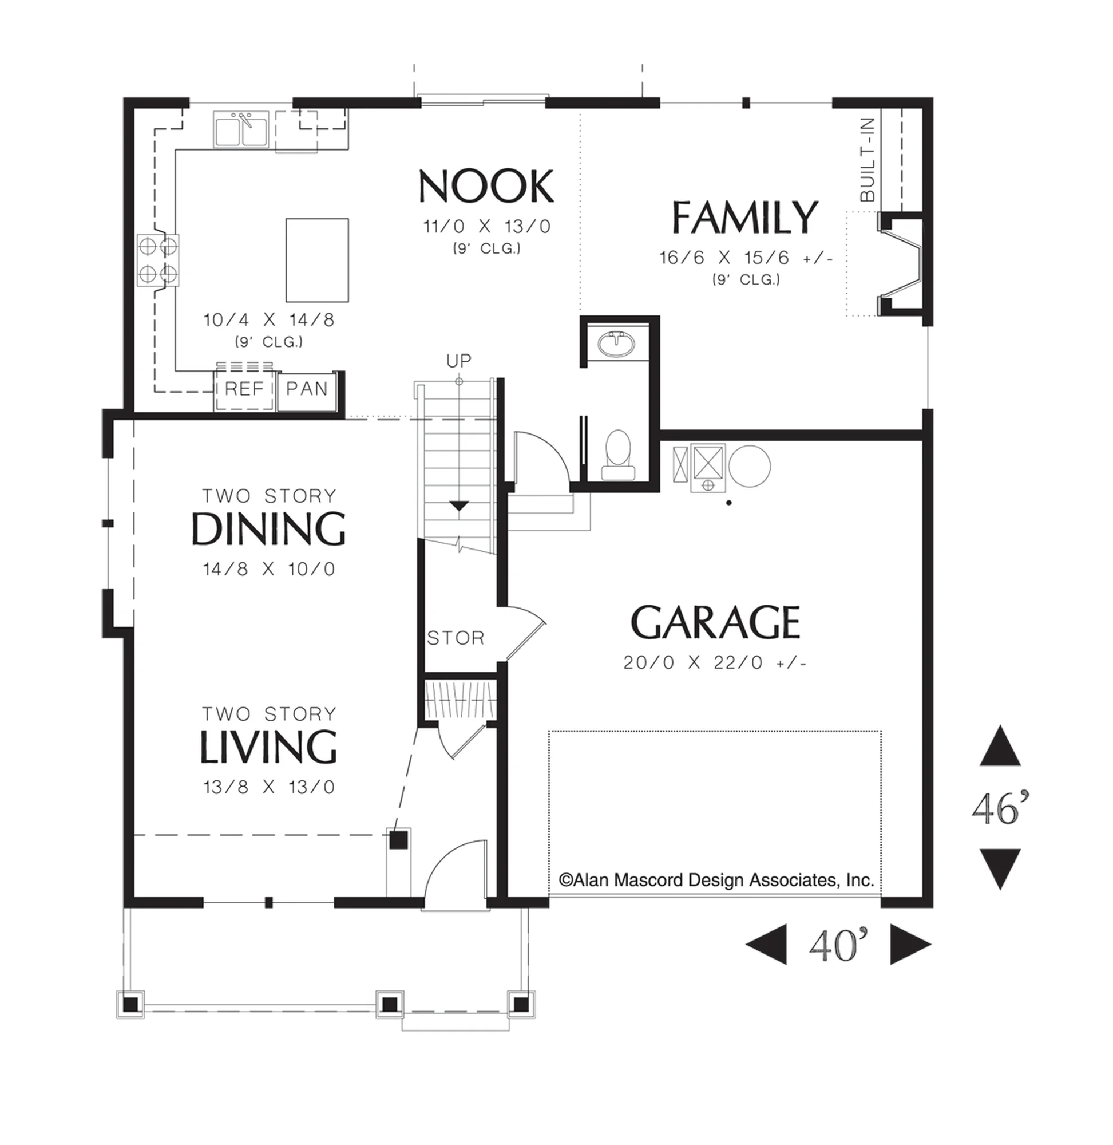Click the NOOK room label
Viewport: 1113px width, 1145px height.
coord(486,186)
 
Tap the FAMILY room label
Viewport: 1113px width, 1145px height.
coord(744,217)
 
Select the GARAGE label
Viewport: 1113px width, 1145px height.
coord(715,622)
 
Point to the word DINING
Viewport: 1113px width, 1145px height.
coord(268,528)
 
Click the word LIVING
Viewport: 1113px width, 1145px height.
coord(268,747)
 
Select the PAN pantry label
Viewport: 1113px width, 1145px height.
coord(307,388)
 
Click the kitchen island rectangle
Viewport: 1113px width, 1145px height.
coord(317,260)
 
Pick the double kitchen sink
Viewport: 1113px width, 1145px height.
coord(241,129)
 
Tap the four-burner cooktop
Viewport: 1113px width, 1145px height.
coord(158,260)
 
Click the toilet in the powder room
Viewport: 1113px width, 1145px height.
coord(617,456)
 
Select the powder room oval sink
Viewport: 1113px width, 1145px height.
coord(616,343)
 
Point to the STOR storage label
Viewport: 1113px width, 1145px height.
coord(456,638)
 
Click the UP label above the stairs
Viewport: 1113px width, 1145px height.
coord(458,361)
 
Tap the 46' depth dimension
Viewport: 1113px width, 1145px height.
coord(1001,810)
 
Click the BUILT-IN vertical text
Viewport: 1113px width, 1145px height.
coord(868,159)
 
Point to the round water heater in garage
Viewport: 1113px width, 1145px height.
coord(750,466)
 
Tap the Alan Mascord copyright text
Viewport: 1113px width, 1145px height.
coord(716,880)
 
